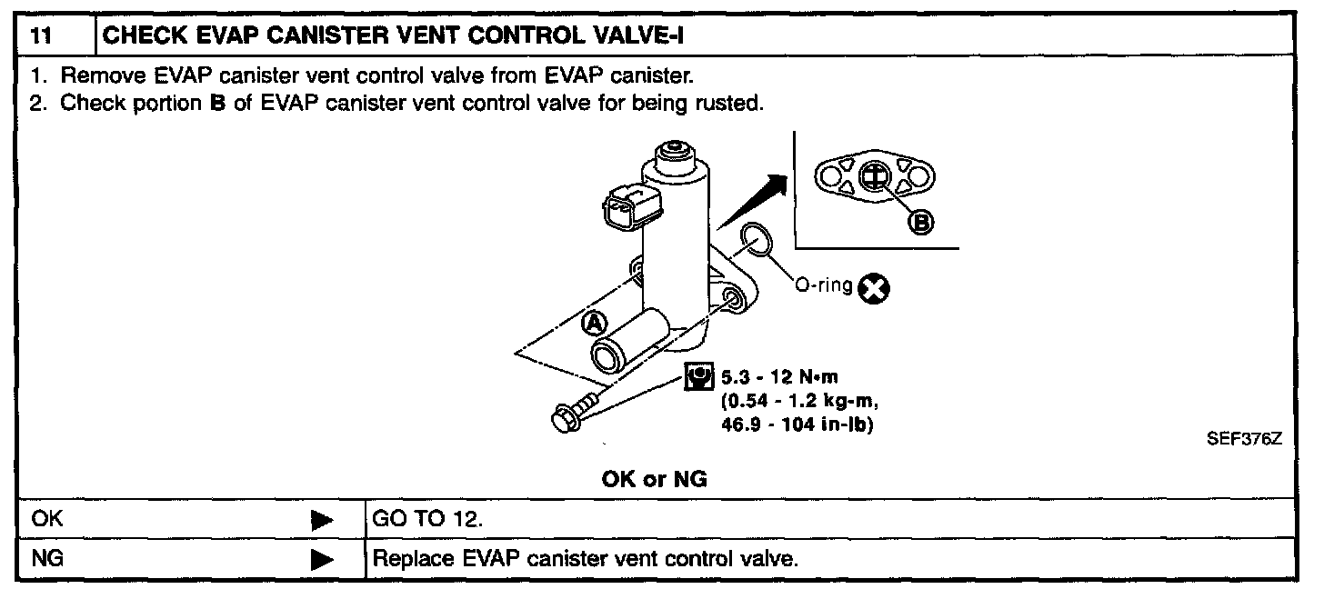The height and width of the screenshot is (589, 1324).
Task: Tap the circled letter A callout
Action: [x=593, y=323]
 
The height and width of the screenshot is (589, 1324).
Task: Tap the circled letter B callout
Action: [x=920, y=220]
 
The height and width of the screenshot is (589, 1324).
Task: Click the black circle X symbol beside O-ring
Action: [x=877, y=289]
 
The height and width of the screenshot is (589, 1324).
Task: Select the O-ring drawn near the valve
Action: [x=757, y=242]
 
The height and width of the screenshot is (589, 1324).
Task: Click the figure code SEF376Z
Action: [x=1243, y=439]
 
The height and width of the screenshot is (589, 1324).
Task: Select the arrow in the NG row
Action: [x=322, y=559]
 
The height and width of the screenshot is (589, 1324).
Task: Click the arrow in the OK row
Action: [x=322, y=520]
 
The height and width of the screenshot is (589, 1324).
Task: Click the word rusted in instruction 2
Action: [x=730, y=103]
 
